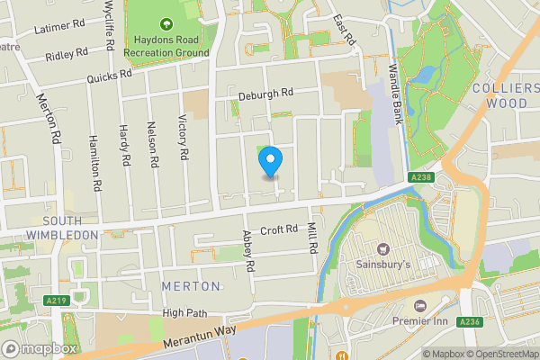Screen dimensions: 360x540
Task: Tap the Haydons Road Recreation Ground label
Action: coord(166,47)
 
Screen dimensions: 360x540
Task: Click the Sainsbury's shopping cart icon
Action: coord(382,248)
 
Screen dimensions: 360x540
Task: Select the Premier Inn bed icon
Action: coord(418,306)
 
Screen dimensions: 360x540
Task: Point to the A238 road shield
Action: coord(418,177)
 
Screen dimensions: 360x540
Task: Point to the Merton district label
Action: coord(191,285)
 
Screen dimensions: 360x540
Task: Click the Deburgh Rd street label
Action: coord(266,94)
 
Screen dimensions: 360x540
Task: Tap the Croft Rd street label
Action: coord(279,229)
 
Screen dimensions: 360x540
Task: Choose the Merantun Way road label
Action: coord(200,339)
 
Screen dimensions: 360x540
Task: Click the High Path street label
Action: coord(184,312)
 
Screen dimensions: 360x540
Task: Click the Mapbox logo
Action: coord(40,349)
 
